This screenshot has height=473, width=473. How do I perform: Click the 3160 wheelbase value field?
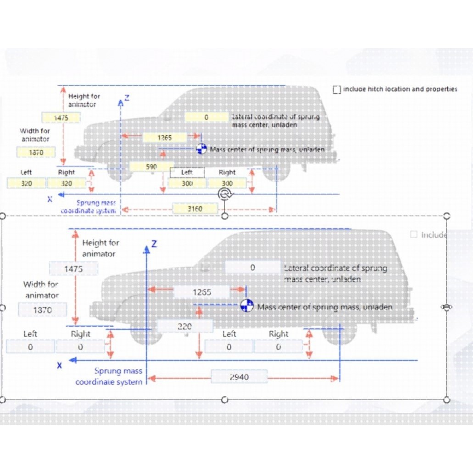pyautogui.click(x=195, y=209)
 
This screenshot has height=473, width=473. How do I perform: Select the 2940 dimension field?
pyautogui.click(x=239, y=377)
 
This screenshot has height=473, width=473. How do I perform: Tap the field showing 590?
pyautogui.click(x=151, y=167)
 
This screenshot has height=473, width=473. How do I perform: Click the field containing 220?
pyautogui.click(x=185, y=326)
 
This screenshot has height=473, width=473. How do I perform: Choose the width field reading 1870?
pyautogui.click(x=36, y=152)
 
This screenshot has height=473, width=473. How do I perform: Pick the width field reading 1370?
pyautogui.click(x=43, y=310)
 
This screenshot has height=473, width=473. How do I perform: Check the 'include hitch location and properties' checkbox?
pyautogui.click(x=337, y=89)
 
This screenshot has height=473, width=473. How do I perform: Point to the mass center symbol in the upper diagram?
pyautogui.click(x=201, y=149)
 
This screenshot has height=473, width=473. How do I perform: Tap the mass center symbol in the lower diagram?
pyautogui.click(x=247, y=306)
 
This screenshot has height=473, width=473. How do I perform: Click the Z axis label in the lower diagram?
pyautogui.click(x=154, y=243)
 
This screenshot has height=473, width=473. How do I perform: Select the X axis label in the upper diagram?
pyautogui.click(x=50, y=199)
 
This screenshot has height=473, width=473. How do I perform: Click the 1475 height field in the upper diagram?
pyautogui.click(x=61, y=118)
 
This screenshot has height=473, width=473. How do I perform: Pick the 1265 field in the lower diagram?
pyautogui.click(x=202, y=292)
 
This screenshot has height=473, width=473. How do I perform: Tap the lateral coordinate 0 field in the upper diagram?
pyautogui.click(x=206, y=117)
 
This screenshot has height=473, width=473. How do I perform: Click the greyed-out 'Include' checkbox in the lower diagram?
pyautogui.click(x=414, y=235)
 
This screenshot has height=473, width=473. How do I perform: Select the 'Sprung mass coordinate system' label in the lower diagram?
pyautogui.click(x=109, y=376)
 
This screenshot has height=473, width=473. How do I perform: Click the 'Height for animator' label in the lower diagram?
pyautogui.click(x=100, y=248)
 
